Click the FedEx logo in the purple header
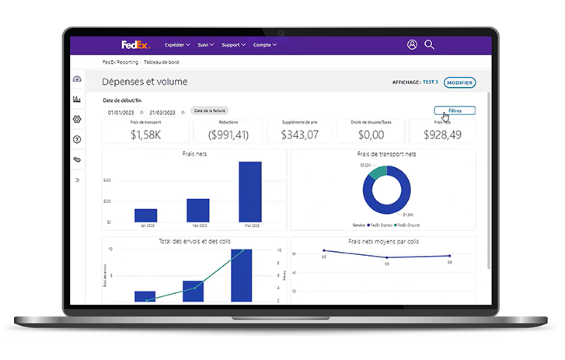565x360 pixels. coord(135,44)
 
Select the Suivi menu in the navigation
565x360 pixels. coord(206,45)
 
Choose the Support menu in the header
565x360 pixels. coord(233,45)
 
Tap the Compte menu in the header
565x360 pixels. coord(264,45)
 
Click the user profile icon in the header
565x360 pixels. coord(412,45)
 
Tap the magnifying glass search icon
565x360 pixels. coord(429,45)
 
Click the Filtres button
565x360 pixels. coord(455,110)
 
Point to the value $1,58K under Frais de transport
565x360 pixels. coord(145,135)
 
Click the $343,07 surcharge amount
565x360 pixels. coord(302,135)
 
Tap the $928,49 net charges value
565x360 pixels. coord(444,135)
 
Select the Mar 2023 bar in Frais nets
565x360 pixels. coord(249,191)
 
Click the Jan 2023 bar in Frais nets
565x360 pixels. coord(145,215)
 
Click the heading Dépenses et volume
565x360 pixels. coord(145,82)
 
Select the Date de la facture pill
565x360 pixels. coord(210,111)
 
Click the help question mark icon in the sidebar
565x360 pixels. coord(77,139)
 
